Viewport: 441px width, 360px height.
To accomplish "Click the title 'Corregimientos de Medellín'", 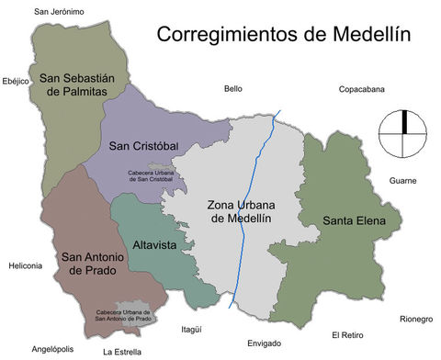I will tap(282, 35).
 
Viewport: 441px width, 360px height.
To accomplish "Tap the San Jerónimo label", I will tap(59, 12).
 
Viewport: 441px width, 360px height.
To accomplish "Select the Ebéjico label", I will tap(17, 80).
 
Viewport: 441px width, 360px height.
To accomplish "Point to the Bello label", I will tap(232, 89).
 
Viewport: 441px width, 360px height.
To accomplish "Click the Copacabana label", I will tap(361, 89).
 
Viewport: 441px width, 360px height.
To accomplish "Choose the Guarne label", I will tap(402, 181).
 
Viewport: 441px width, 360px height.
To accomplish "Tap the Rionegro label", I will tap(415, 319).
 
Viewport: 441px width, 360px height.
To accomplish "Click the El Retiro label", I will tap(348, 334).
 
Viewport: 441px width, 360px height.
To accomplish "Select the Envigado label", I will tap(265, 343).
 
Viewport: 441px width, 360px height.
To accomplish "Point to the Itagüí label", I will tap(191, 328).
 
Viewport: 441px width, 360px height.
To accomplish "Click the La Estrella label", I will tap(121, 351).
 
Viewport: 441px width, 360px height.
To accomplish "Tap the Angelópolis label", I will tap(52, 349).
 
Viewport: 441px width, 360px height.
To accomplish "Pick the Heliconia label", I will tap(25, 265).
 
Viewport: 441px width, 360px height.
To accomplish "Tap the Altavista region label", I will tap(153, 246).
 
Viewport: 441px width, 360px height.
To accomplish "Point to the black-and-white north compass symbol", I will tap(403, 134).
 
